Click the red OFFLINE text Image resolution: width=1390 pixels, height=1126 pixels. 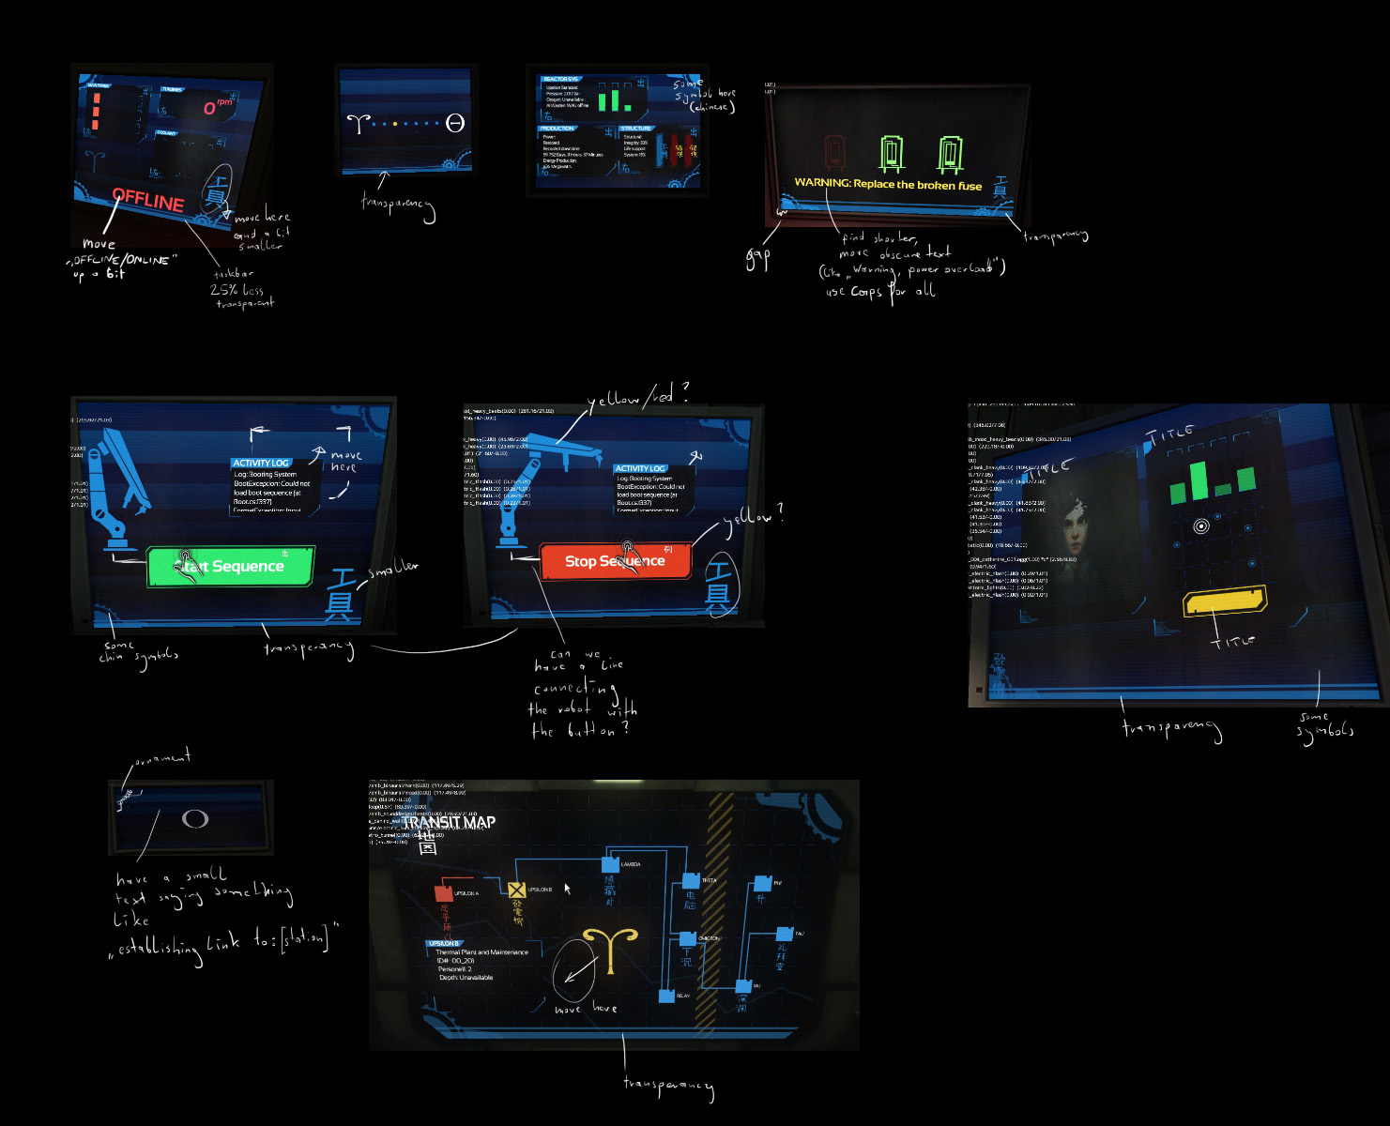tap(148, 199)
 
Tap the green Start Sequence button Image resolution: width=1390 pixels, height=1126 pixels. tap(230, 567)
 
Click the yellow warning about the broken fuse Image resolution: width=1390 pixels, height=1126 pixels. tap(888, 184)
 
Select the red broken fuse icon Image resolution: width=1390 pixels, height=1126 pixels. tap(834, 153)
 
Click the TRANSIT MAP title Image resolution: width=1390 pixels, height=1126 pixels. tap(449, 822)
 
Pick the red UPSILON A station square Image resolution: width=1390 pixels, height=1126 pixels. tap(444, 894)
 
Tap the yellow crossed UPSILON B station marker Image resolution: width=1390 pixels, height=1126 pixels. tap(516, 890)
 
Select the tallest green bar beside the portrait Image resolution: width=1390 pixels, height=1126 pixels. tap(1199, 480)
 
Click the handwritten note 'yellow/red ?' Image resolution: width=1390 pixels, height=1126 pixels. tap(637, 397)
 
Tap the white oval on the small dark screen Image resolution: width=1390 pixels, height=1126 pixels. tap(195, 819)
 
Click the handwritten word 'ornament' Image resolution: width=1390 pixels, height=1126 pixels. tap(162, 757)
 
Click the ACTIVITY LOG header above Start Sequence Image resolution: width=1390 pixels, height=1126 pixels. tap(261, 463)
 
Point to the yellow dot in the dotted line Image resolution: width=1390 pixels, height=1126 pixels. tap(395, 123)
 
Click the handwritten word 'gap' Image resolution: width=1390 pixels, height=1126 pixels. tap(757, 257)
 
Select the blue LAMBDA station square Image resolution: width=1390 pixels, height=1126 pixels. tap(610, 864)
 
